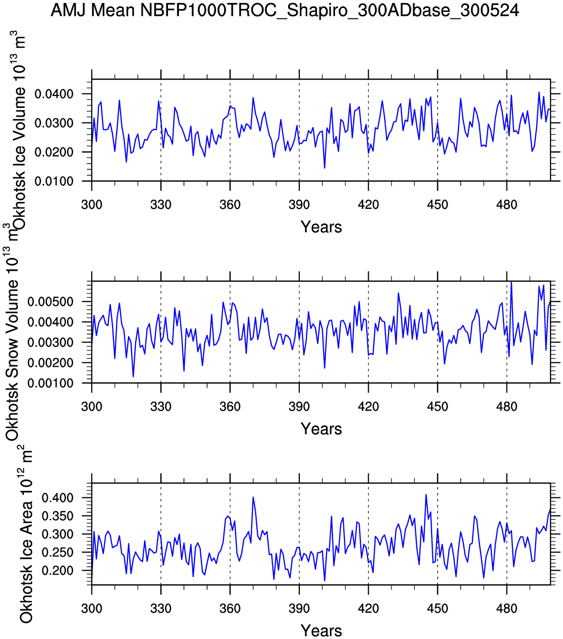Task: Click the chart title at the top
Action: pos(284,10)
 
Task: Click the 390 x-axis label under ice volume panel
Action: pos(299,205)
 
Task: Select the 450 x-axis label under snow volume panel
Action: pos(437,407)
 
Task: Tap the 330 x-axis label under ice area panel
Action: pos(161,609)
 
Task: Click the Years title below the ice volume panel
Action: pos(321,227)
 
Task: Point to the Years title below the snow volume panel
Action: pos(321,429)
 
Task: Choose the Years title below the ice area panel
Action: pos(321,631)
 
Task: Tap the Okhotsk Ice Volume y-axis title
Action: pos(19,131)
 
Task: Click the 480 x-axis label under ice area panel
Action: pos(507,609)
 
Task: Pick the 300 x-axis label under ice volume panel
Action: pos(92,205)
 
